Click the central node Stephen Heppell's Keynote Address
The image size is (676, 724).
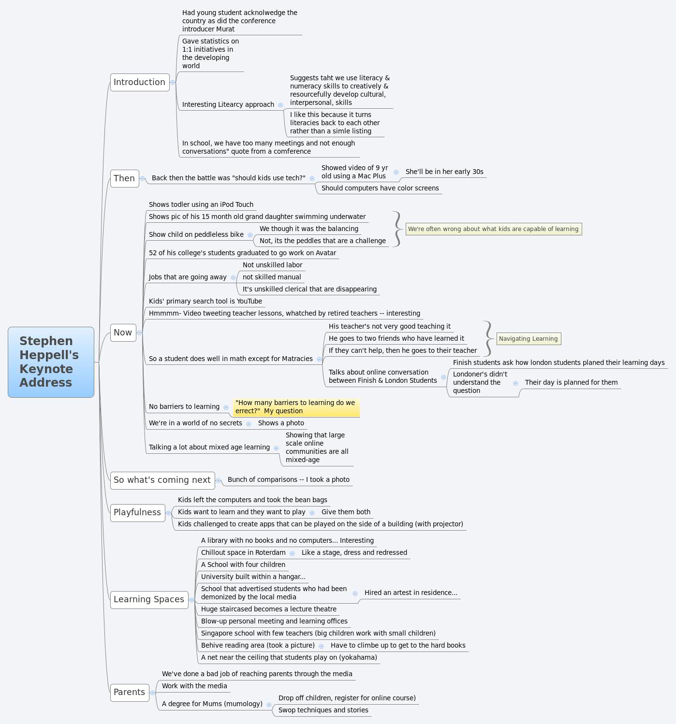51,362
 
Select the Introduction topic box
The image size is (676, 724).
140,82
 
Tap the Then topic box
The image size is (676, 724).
124,178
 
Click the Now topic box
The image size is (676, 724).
123,333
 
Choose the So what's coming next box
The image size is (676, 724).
162,480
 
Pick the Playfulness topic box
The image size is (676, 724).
137,512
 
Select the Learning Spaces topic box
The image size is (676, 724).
149,599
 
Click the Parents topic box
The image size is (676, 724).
129,692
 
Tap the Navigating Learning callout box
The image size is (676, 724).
528,339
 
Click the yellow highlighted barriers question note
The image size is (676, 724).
295,407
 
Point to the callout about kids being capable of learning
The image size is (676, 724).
493,229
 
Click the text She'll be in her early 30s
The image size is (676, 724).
444,172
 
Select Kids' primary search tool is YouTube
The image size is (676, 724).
206,301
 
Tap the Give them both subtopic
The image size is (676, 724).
346,512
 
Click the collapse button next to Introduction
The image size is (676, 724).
173,82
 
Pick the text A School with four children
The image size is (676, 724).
243,565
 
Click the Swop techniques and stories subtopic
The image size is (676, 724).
323,710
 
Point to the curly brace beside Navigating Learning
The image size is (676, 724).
488,338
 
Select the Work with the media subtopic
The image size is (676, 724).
194,686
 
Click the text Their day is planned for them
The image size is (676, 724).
571,382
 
